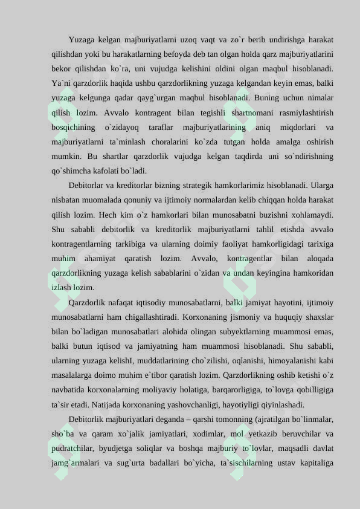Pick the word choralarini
tap(173, 141)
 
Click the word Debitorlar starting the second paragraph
tap(91, 185)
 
